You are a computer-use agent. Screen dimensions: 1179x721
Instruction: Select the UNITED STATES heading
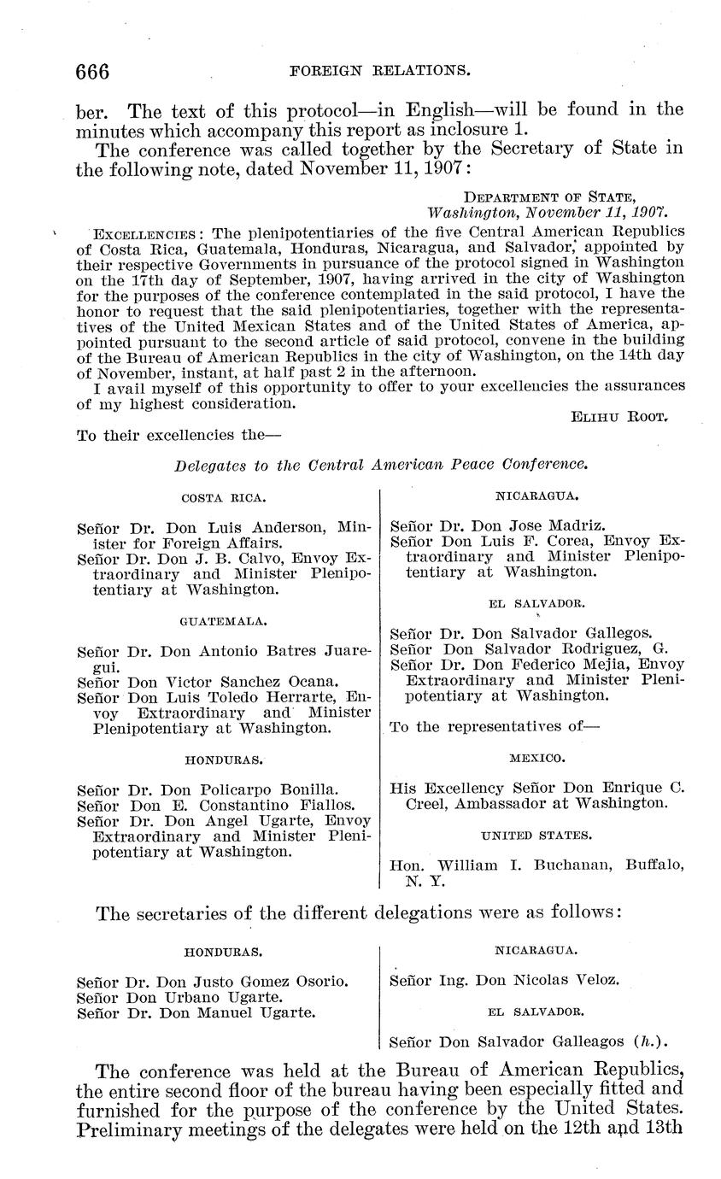click(536, 835)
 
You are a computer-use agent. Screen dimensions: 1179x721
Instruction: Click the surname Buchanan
click(574, 865)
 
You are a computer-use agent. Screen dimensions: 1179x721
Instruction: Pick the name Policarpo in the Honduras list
click(237, 790)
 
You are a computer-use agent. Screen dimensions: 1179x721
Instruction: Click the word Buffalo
click(652, 865)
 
